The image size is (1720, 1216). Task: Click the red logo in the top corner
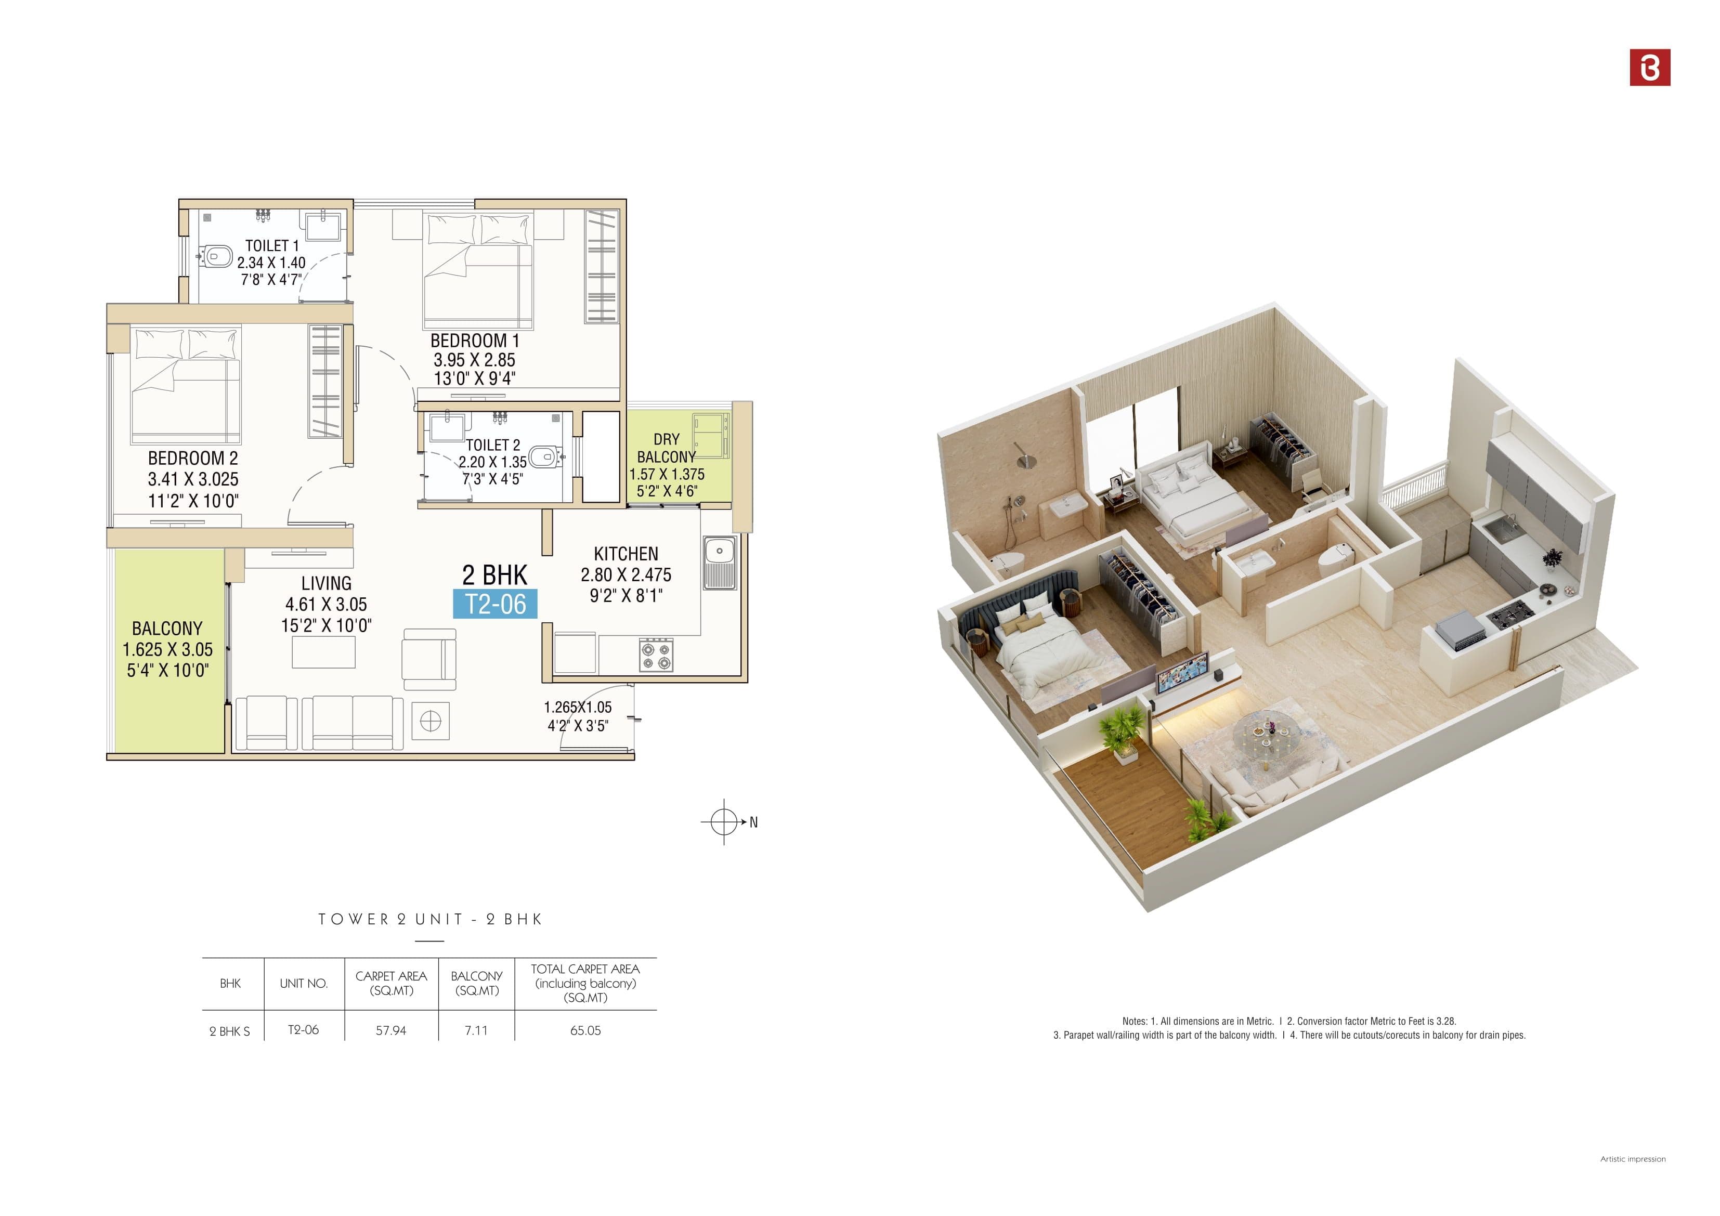1650,68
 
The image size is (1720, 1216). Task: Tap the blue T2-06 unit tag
495,604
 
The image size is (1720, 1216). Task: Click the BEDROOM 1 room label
474,341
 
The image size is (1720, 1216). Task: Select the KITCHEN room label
626,554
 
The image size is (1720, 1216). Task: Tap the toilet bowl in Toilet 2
543,455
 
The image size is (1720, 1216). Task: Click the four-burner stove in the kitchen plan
656,655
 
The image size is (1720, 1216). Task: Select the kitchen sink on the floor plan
719,562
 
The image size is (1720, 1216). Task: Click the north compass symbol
724,822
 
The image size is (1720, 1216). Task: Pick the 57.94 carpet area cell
391,1030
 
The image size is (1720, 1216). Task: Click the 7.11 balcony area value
476,1030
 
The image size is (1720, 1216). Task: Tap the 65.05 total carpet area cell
585,1030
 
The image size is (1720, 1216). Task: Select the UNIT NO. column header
304,983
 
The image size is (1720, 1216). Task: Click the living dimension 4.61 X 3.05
326,605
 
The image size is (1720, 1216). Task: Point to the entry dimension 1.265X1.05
578,707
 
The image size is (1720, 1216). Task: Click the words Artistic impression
1632,1159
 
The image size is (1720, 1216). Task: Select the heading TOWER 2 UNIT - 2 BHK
430,919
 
